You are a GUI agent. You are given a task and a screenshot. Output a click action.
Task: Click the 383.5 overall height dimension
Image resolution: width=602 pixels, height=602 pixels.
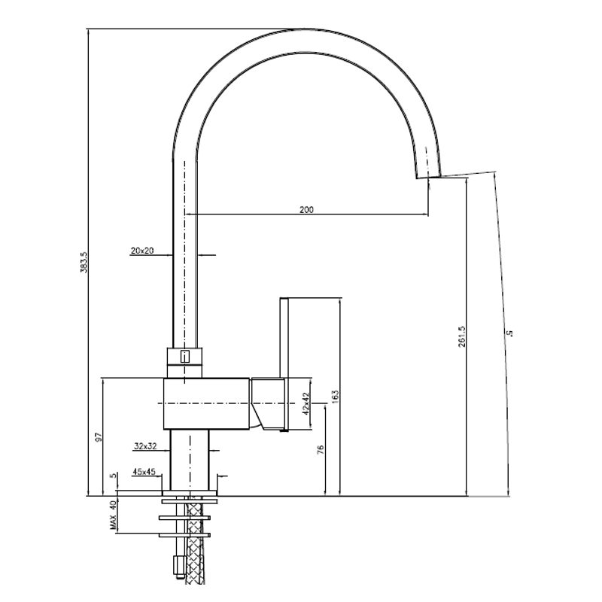[84, 263]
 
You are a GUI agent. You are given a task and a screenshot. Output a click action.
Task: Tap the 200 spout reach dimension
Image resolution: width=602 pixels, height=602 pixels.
[306, 210]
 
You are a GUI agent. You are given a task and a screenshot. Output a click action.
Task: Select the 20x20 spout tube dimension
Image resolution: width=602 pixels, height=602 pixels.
[142, 251]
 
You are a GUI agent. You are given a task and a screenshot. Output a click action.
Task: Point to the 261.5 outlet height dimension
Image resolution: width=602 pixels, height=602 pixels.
[461, 336]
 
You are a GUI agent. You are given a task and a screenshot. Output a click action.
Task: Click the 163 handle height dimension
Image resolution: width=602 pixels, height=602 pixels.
[335, 397]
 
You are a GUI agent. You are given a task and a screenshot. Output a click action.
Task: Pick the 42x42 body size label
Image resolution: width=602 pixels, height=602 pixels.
[306, 403]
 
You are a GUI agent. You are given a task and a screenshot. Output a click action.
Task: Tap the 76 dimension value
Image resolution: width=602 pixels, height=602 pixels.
[321, 449]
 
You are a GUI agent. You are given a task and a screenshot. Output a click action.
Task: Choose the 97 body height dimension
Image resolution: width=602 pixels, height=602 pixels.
[99, 437]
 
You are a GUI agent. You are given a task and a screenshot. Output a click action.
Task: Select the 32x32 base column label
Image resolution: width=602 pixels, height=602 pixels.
[145, 446]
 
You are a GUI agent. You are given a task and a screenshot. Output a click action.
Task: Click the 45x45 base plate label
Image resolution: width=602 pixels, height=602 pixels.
[144, 472]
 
